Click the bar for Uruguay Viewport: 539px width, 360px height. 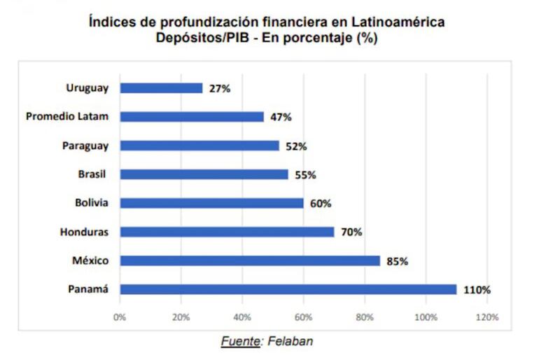(x=161, y=88)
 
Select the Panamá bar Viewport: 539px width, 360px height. (x=288, y=289)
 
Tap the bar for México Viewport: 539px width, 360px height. (x=250, y=261)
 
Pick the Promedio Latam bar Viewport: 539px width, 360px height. (x=192, y=117)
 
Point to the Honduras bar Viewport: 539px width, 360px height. (x=227, y=232)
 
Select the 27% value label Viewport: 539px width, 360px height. (x=219, y=89)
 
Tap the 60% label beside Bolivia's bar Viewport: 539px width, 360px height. (x=320, y=204)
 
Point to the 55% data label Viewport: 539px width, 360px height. (x=304, y=175)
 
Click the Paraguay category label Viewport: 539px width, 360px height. (x=85, y=146)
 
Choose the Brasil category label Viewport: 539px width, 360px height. (x=94, y=174)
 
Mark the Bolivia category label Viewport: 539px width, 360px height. (x=92, y=203)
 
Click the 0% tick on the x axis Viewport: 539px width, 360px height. (x=120, y=317)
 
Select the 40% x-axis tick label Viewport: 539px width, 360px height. (x=242, y=317)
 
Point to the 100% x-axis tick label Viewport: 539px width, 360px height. (x=426, y=317)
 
